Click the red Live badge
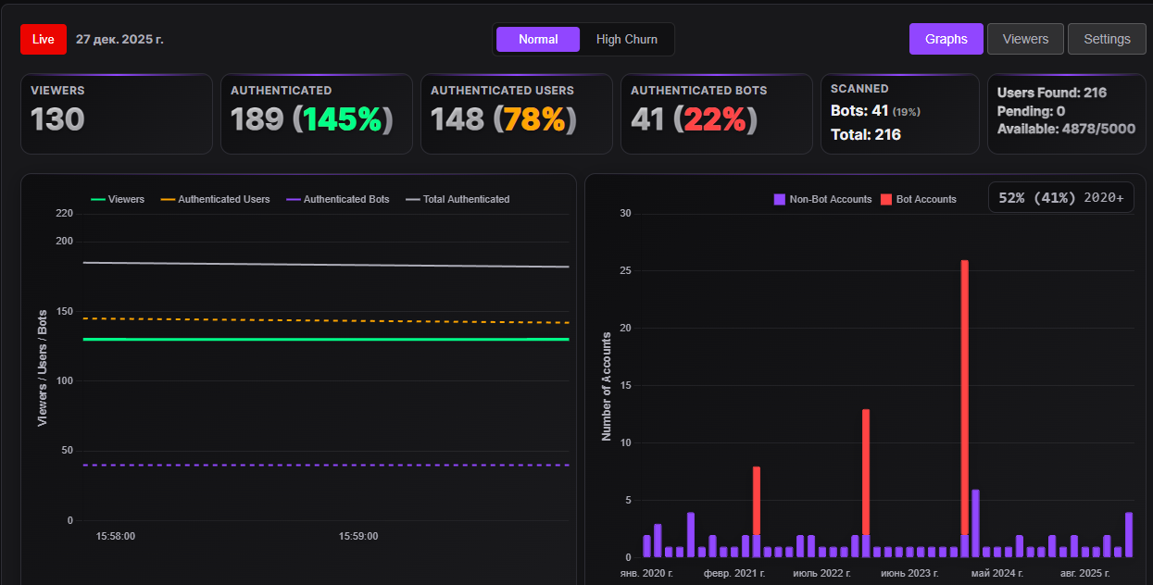click(x=44, y=39)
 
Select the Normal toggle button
click(x=538, y=39)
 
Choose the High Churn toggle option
click(x=627, y=39)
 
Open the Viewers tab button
click(x=1025, y=39)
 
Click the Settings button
click(x=1107, y=39)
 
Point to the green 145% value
click(x=343, y=119)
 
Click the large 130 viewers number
click(x=57, y=119)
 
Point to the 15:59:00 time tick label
click(x=358, y=536)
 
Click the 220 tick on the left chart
click(x=64, y=213)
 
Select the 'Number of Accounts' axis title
click(x=607, y=385)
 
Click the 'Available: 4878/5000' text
click(x=1066, y=129)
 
